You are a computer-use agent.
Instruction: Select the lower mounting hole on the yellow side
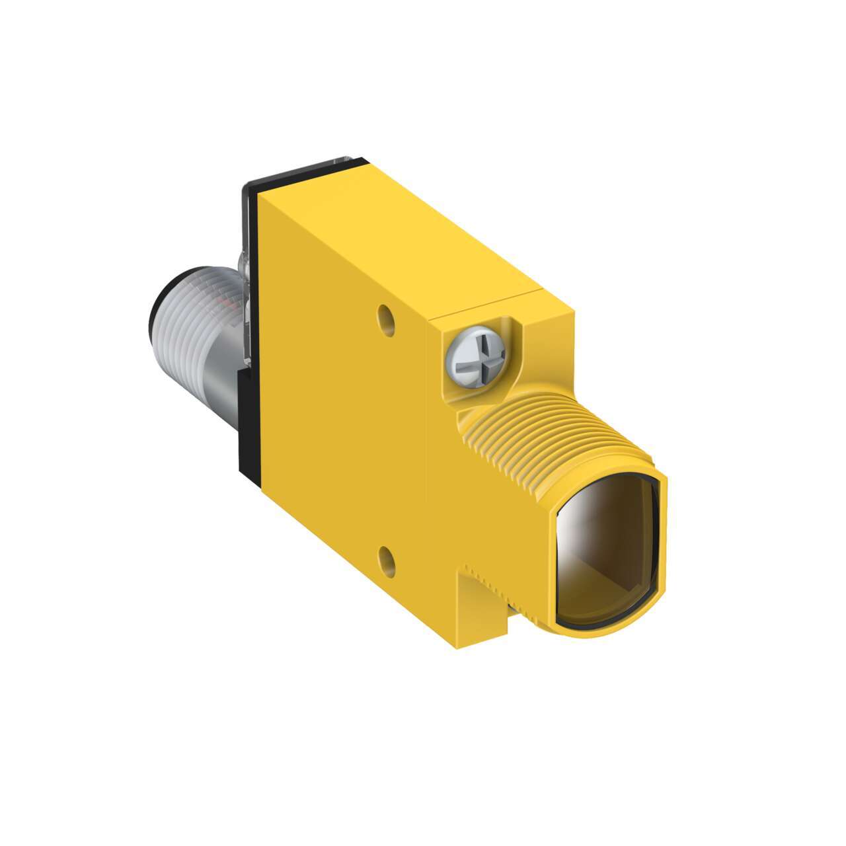coord(387,560)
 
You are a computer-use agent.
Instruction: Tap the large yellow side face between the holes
coord(344,430)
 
